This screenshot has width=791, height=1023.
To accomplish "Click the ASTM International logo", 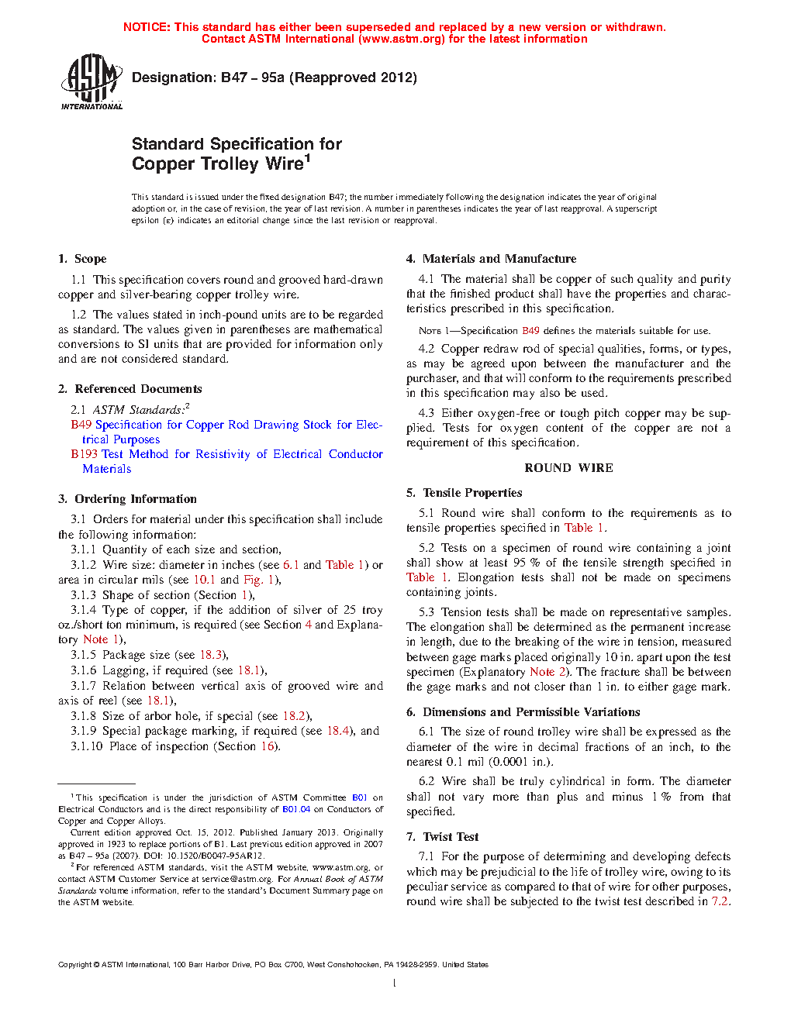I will click(x=92, y=81).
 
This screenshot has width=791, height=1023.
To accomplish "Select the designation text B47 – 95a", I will click(x=253, y=77).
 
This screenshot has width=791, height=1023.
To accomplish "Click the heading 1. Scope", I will click(x=82, y=259).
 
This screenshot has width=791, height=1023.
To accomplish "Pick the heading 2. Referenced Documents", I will click(x=130, y=389).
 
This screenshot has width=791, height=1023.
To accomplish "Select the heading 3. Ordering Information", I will click(x=127, y=499).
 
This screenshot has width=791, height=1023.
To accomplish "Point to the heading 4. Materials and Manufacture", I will click(x=491, y=259).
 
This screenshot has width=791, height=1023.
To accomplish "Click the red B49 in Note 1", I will click(x=530, y=331).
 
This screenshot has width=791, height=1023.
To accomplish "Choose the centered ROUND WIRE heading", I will click(x=568, y=468).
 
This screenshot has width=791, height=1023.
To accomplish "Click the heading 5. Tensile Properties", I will click(x=464, y=493).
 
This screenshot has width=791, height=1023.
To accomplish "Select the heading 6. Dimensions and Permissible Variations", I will click(x=523, y=712).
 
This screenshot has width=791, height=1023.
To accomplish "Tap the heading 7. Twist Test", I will click(x=442, y=837).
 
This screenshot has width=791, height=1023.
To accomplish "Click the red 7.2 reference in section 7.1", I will click(x=720, y=901).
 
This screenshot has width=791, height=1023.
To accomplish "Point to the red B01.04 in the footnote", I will click(x=296, y=809).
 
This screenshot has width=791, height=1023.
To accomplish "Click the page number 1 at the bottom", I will click(x=395, y=983).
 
